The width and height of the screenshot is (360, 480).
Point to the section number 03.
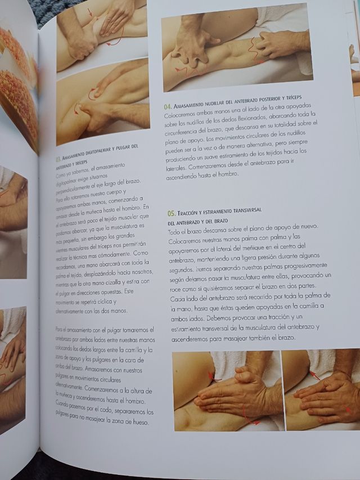58,159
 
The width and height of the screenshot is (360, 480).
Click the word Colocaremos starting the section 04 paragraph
182,115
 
